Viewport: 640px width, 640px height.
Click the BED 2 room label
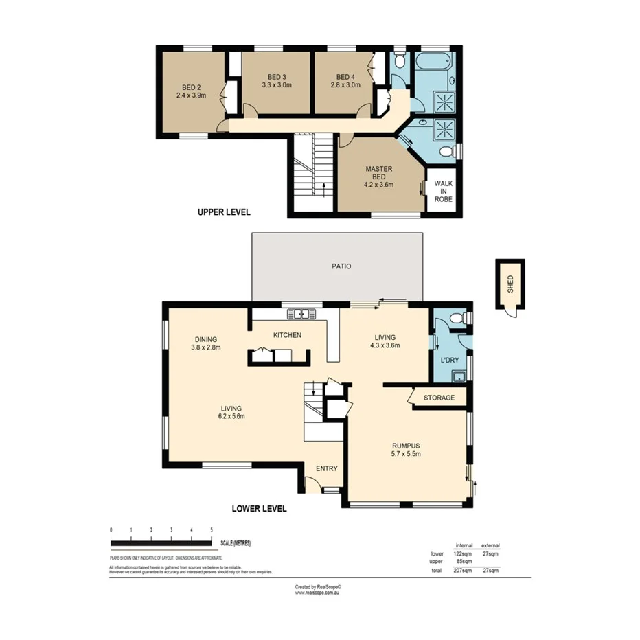click(x=192, y=87)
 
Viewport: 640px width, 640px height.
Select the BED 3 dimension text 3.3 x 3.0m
click(x=277, y=85)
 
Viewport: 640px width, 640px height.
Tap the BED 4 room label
click(x=345, y=76)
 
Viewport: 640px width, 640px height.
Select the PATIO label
click(x=341, y=266)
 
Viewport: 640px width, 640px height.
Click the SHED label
click(x=510, y=284)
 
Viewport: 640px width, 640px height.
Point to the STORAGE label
click(x=439, y=398)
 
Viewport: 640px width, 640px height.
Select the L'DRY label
click(x=449, y=361)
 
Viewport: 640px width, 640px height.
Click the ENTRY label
click(x=326, y=468)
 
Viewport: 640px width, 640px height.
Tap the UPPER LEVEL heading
click(x=224, y=212)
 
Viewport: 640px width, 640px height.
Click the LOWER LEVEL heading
click(x=259, y=509)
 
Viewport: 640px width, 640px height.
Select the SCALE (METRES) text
click(x=236, y=543)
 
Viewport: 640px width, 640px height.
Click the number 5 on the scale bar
click(x=212, y=530)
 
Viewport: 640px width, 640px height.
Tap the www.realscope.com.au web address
click(x=318, y=593)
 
